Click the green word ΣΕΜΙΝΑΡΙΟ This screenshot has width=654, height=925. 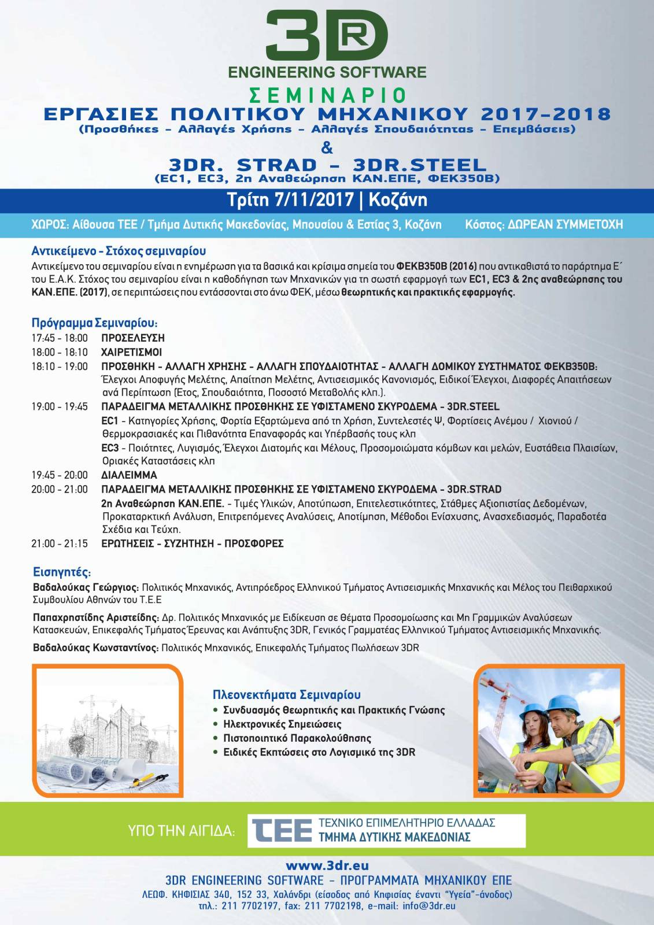pos(327,95)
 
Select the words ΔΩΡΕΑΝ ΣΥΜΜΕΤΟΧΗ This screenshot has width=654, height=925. pos(565,224)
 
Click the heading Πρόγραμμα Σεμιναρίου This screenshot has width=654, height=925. pos(94,323)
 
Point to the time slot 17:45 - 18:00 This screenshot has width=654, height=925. pos(60,338)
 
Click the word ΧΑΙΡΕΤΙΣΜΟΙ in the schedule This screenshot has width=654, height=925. pos(131,352)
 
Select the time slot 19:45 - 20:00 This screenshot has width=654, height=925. pos(60,475)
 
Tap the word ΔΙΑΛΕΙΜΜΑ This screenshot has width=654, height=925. pos(129,475)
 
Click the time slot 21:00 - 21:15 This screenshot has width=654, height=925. pos(60,543)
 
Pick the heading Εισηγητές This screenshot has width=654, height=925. pos(62,572)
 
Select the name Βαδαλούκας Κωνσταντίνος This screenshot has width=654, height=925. pos(96,648)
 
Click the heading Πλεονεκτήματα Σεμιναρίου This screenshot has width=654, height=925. pos(286,694)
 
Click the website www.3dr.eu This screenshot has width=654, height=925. pos(327,865)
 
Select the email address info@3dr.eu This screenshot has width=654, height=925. pos(429,906)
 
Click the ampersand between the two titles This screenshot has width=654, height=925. pos(327,147)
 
